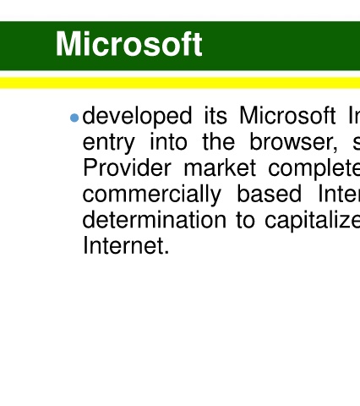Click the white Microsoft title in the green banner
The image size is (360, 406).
coord(128,44)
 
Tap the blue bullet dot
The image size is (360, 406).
coord(74,118)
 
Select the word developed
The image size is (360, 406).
coord(137,116)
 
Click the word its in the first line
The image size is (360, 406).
coord(215,116)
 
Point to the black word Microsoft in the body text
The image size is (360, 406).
coord(287,115)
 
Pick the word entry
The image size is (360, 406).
coord(109,142)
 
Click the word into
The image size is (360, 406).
coord(168,141)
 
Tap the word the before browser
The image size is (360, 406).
coord(219,141)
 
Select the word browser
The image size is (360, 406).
coord(292,141)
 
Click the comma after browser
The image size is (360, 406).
coord(335,150)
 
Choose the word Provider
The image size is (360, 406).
coord(127,167)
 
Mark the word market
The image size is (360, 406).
coord(220,167)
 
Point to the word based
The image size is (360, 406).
coord(269,194)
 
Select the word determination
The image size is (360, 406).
coord(154,219)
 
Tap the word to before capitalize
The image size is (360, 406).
coord(245,220)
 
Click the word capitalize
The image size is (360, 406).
coord(313,221)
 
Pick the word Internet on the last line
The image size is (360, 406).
coord(123,245)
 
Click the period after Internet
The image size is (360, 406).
coord(166,253)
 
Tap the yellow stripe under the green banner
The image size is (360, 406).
coord(180,83)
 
